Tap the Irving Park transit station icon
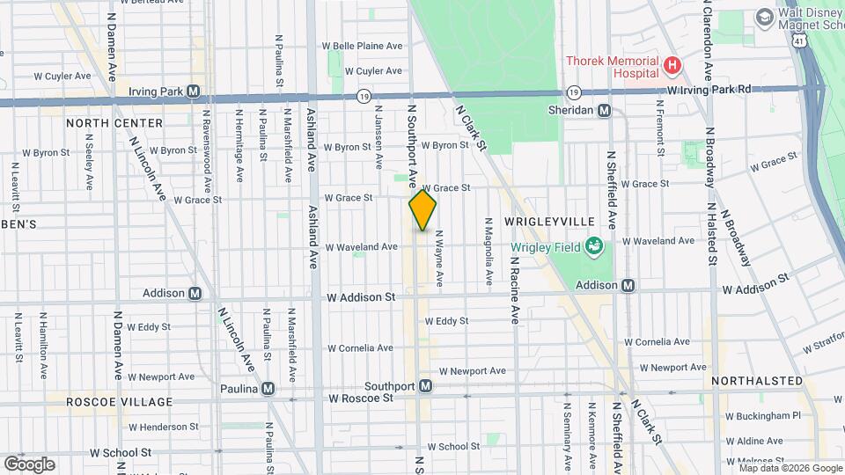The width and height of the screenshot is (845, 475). [x=193, y=91]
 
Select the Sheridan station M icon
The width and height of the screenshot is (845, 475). [x=604, y=111]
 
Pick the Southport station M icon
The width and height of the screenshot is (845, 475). [x=425, y=386]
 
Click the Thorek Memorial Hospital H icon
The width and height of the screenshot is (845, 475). [x=672, y=65]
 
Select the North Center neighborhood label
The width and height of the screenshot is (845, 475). [x=114, y=123]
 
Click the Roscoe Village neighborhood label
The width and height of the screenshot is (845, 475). [x=120, y=402]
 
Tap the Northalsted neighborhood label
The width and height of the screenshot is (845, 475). [x=757, y=381]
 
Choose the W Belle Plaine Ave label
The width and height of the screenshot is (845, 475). [x=362, y=46]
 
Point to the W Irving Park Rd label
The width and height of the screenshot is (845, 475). [x=709, y=90]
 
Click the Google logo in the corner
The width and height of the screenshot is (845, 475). [x=29, y=464]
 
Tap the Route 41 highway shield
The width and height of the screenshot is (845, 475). [x=797, y=41]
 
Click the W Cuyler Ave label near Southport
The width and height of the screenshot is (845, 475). [x=373, y=71]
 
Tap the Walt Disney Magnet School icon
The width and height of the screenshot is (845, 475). [x=764, y=16]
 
